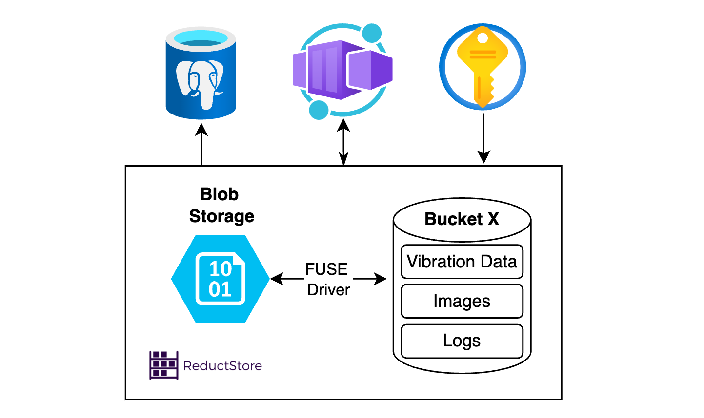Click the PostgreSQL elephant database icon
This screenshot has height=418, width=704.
[201, 73]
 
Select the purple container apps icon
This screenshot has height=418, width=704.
[342, 70]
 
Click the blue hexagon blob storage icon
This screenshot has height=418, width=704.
[220, 279]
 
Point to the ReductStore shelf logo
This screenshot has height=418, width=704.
[163, 365]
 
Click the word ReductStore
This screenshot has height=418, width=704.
[222, 365]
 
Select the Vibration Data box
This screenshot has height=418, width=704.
[462, 262]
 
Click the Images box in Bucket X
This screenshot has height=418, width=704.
[462, 301]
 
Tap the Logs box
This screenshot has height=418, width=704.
[462, 341]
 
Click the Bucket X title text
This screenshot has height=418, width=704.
[462, 219]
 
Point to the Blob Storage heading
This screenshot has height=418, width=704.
[221, 205]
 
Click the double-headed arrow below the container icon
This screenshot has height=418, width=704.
[343, 141]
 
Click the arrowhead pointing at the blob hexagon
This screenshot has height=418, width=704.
[276, 279]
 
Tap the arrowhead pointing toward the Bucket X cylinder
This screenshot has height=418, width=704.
[380, 279]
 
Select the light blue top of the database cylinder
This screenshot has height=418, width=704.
[201, 38]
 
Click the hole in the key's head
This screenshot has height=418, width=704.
[482, 38]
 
